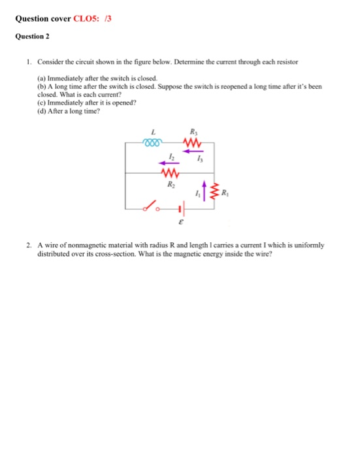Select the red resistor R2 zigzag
pos(170,173)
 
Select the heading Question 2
pos(33,37)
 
